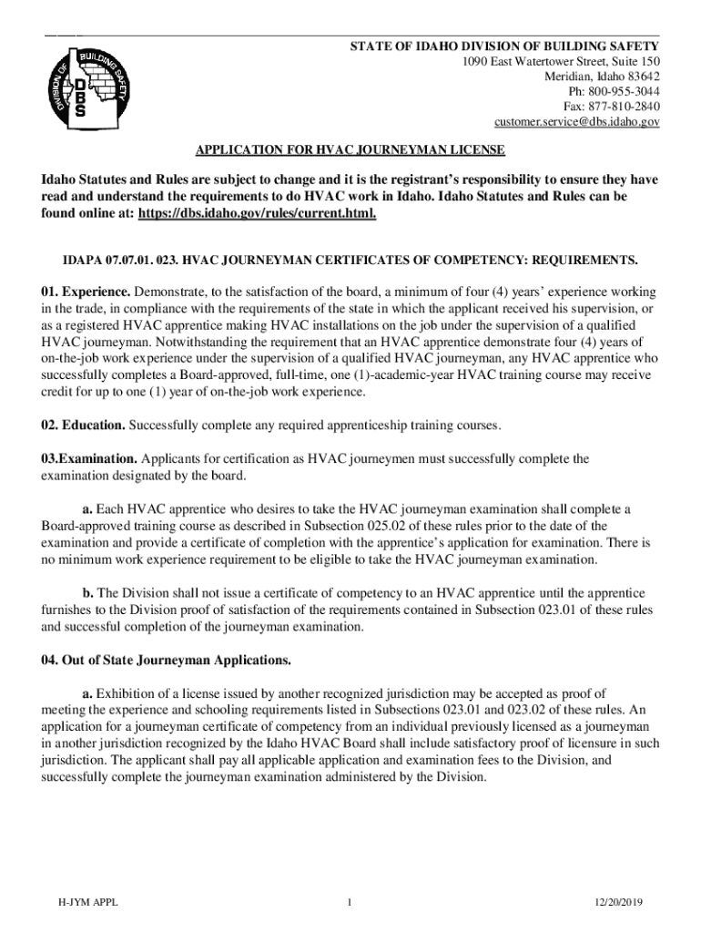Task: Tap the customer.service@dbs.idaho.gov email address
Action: click(576, 121)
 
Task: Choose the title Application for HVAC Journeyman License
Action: click(350, 149)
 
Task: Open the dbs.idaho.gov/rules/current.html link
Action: click(257, 213)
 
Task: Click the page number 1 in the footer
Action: click(350, 903)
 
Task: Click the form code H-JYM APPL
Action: click(87, 903)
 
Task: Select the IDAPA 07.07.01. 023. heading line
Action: click(350, 260)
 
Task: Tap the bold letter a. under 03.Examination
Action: click(87, 508)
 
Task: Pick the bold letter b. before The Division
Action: click(88, 592)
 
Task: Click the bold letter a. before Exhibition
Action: click(87, 692)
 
